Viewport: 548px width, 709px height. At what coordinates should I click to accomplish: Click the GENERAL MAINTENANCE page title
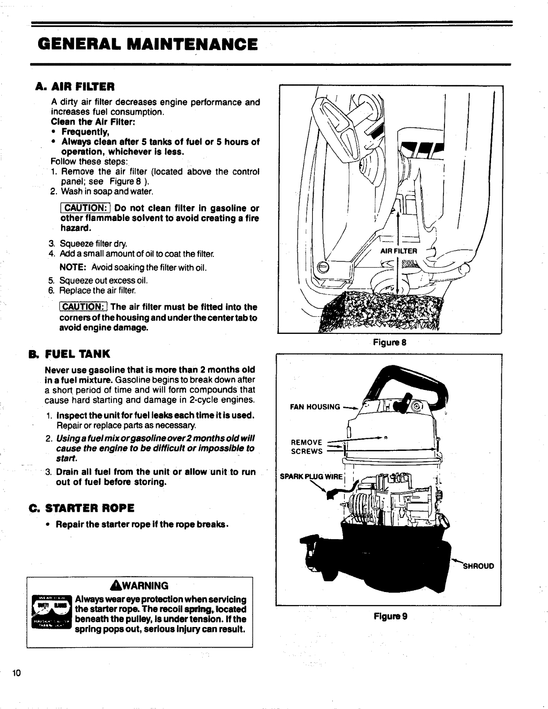coord(148,44)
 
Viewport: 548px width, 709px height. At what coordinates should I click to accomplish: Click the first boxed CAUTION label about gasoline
coord(85,208)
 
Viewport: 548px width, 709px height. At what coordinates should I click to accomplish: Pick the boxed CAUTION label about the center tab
coord(84,307)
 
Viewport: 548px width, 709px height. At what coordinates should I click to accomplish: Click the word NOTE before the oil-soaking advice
coord(73,268)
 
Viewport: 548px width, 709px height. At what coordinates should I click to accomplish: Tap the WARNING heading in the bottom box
coord(139,586)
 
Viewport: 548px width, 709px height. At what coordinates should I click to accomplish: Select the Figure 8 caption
coord(390,343)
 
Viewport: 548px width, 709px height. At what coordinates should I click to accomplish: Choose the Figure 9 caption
coord(390,616)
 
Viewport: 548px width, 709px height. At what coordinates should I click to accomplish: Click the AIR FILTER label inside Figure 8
coord(399,251)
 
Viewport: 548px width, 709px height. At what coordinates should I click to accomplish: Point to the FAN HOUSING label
coord(315,407)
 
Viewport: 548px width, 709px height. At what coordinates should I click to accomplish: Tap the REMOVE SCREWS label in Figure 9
coord(307,447)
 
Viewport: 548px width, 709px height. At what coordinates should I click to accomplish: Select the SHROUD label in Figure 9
coord(478,566)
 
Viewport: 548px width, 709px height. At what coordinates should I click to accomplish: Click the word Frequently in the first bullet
coord(85,132)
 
